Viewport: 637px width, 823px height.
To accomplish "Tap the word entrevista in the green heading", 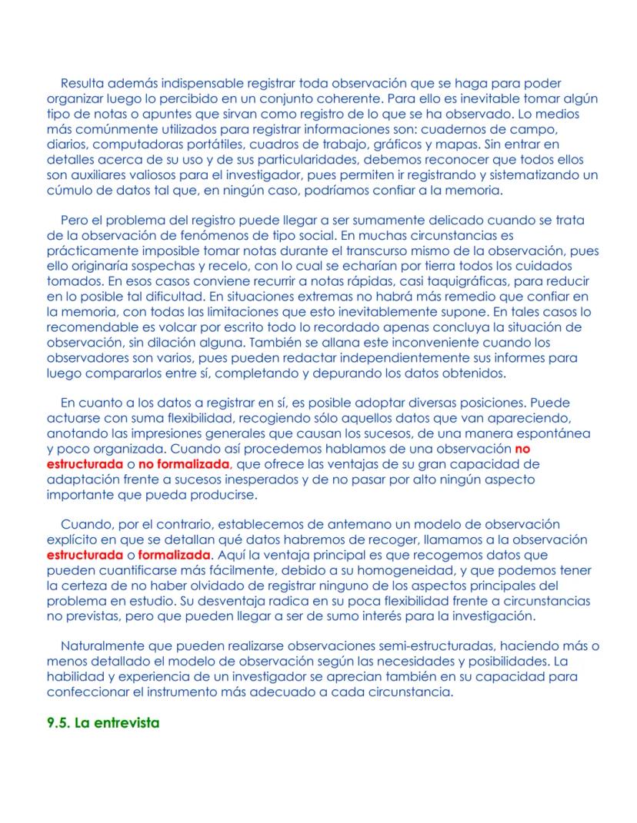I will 126,723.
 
